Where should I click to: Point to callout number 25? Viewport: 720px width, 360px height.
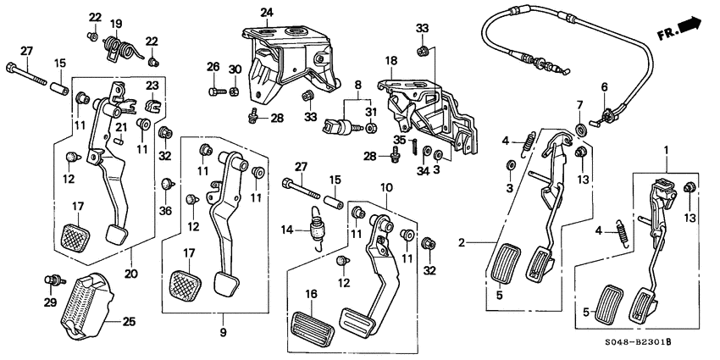pyautogui.click(x=129, y=321)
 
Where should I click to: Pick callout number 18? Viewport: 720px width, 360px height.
pyautogui.click(x=391, y=61)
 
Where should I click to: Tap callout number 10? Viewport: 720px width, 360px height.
pyautogui.click(x=386, y=186)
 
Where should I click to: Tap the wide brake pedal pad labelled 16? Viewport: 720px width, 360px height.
pyautogui.click(x=313, y=326)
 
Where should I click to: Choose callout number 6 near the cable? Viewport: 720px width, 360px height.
pyautogui.click(x=605, y=87)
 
